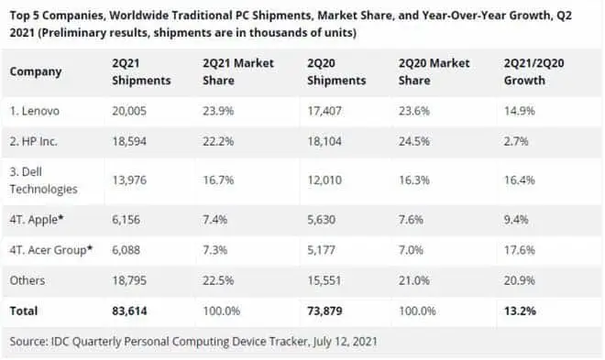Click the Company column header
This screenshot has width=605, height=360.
(36, 71)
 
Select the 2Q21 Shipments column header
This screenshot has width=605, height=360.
(141, 71)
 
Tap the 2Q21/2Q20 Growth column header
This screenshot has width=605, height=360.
(534, 71)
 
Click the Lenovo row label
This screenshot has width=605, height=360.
(35, 111)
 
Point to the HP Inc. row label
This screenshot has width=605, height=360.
(34, 141)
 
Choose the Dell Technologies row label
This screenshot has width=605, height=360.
(44, 180)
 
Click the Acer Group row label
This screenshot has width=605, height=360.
(51, 250)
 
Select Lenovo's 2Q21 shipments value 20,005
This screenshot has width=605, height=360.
(129, 111)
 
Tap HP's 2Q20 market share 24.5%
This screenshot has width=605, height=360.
(414, 141)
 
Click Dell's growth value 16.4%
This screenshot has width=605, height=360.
(520, 180)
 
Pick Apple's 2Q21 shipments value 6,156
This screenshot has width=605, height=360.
(126, 220)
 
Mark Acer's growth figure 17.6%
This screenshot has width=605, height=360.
(520, 250)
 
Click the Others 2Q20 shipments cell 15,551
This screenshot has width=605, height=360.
(324, 280)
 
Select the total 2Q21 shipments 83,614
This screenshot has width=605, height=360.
(129, 311)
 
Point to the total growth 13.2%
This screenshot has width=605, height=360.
(520, 311)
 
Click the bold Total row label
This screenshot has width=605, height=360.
(24, 311)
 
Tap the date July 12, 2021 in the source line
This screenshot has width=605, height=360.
(345, 342)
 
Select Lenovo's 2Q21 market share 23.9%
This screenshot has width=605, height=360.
(218, 111)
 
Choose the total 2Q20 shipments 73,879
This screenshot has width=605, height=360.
(324, 311)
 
